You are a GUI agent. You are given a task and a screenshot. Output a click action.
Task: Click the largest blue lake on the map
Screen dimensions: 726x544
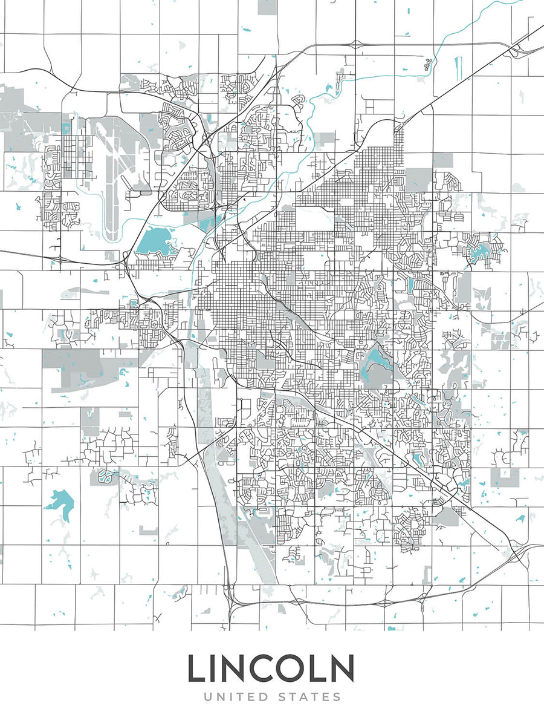154,243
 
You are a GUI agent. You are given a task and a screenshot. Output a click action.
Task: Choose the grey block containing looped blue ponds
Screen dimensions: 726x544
103,476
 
